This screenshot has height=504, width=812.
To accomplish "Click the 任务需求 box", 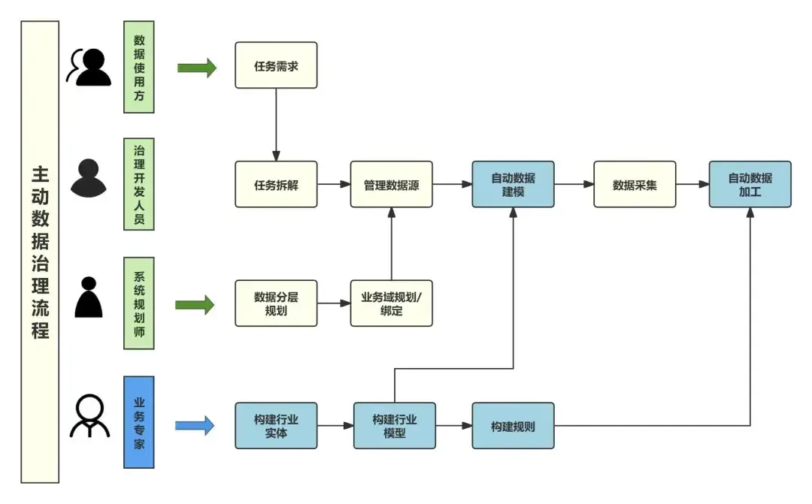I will pyautogui.click(x=276, y=65).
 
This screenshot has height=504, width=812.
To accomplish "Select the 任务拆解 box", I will pyautogui.click(x=276, y=184).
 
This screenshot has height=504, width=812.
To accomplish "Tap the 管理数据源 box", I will pyautogui.click(x=391, y=184).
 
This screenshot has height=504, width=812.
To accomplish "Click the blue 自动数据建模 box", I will pyautogui.click(x=513, y=184).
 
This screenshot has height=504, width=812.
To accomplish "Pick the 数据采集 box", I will pyautogui.click(x=635, y=184).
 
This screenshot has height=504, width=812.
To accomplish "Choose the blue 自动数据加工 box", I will pyautogui.click(x=750, y=184).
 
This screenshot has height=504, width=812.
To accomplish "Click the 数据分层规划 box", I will pyautogui.click(x=276, y=303).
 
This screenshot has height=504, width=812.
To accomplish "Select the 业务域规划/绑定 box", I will pyautogui.click(x=391, y=303).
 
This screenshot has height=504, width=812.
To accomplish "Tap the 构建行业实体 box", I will pyautogui.click(x=276, y=426).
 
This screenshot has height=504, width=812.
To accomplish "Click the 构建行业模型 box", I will pyautogui.click(x=395, y=426).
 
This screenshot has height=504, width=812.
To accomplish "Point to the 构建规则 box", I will pyautogui.click(x=513, y=426).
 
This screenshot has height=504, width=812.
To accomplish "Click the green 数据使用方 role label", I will pyautogui.click(x=139, y=67).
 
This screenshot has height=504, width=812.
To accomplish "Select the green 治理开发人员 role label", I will pyautogui.click(x=139, y=183).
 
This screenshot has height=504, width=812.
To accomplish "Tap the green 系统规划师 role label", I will pyautogui.click(x=139, y=303).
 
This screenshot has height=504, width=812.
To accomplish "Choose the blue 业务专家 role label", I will pyautogui.click(x=139, y=422).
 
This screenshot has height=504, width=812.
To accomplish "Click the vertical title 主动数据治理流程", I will pyautogui.click(x=40, y=252).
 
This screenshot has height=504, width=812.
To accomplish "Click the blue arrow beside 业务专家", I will pyautogui.click(x=195, y=426).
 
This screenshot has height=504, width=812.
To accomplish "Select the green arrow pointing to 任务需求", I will pyautogui.click(x=196, y=68).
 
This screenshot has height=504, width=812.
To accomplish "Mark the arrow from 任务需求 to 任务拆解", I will pyautogui.click(x=276, y=124).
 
